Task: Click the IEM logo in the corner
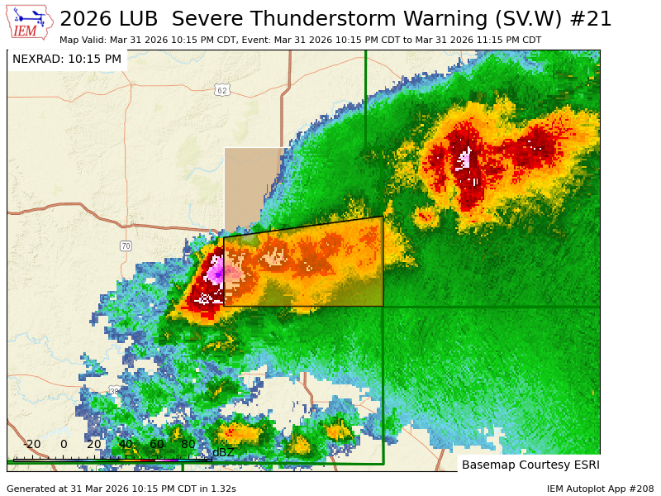(x=29, y=22)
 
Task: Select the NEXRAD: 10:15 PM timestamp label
(x=67, y=60)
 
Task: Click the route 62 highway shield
(x=221, y=89)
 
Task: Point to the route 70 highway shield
(x=126, y=246)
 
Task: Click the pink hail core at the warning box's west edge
(x=217, y=270)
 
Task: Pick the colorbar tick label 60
(x=157, y=444)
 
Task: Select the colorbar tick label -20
(x=31, y=444)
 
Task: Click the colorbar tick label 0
(x=64, y=444)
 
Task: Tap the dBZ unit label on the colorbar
(x=223, y=452)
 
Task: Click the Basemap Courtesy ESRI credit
(x=530, y=465)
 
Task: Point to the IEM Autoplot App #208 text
(x=600, y=489)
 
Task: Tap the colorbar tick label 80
(x=188, y=444)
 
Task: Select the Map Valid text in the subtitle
(x=83, y=40)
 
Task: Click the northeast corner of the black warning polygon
(x=382, y=217)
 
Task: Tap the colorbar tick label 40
(x=126, y=444)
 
